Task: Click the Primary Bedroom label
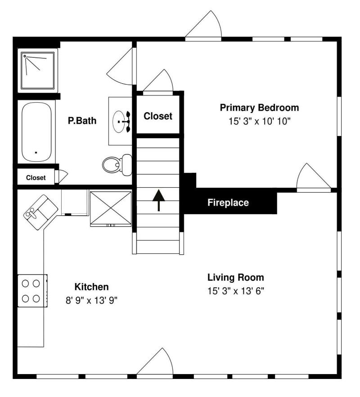(259, 108)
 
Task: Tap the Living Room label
(236, 277)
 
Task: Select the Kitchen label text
(92, 287)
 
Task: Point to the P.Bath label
(82, 121)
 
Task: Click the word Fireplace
(228, 203)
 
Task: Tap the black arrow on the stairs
(159, 200)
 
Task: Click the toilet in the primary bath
(117, 165)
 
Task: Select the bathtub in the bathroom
(36, 131)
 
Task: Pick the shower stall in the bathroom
(37, 71)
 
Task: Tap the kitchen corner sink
(40, 212)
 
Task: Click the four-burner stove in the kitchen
(32, 291)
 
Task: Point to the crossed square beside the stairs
(111, 208)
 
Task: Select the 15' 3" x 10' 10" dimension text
(259, 121)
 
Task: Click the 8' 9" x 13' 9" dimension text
(92, 301)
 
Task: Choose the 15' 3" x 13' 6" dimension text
(236, 291)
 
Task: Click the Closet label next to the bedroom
(158, 116)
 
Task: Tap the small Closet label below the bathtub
(36, 178)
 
